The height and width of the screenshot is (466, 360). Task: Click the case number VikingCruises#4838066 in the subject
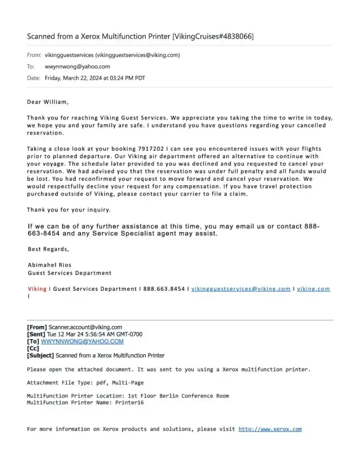pyautogui.click(x=214, y=36)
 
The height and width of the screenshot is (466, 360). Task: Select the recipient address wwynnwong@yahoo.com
pyautogui.click(x=77, y=67)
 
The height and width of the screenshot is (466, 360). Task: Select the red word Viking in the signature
pyautogui.click(x=37, y=289)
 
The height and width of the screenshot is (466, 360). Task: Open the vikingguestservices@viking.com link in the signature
pyautogui.click(x=241, y=289)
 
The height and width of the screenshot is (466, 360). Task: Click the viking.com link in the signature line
pyautogui.click(x=313, y=289)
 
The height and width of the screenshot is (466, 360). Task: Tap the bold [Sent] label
pyautogui.click(x=36, y=334)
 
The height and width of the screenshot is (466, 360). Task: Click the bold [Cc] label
pyautogui.click(x=33, y=348)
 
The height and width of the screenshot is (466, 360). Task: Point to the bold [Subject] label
pyautogui.click(x=41, y=355)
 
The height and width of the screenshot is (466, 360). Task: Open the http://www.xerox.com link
pyautogui.click(x=270, y=429)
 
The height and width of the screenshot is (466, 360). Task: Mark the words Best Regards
pyautogui.click(x=48, y=249)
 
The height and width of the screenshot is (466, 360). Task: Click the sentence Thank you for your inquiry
pyautogui.click(x=69, y=210)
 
